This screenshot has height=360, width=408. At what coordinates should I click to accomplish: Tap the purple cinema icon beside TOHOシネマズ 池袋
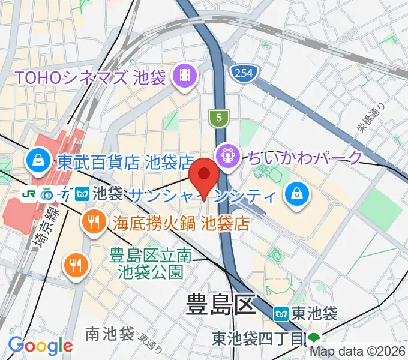pos(183,76)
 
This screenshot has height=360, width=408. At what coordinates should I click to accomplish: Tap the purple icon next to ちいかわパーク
pos(229,157)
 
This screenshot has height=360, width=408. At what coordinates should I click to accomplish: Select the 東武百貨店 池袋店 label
pos(125,162)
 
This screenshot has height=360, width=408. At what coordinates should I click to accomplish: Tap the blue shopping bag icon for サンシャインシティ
pos(297,193)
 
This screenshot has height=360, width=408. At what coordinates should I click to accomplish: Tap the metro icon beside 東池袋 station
pos(281,313)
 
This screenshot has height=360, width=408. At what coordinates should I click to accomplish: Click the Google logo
pos(40,346)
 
